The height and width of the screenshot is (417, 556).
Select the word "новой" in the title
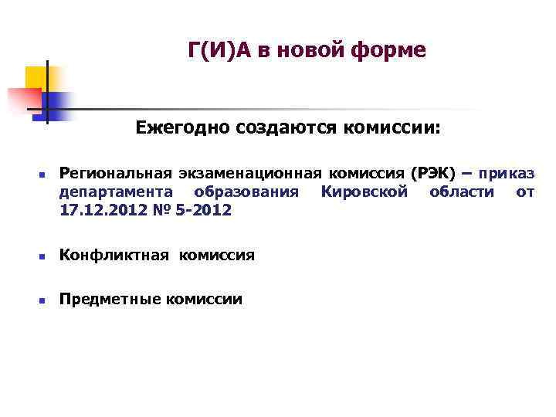(308, 51)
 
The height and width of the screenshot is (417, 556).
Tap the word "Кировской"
(364, 192)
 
